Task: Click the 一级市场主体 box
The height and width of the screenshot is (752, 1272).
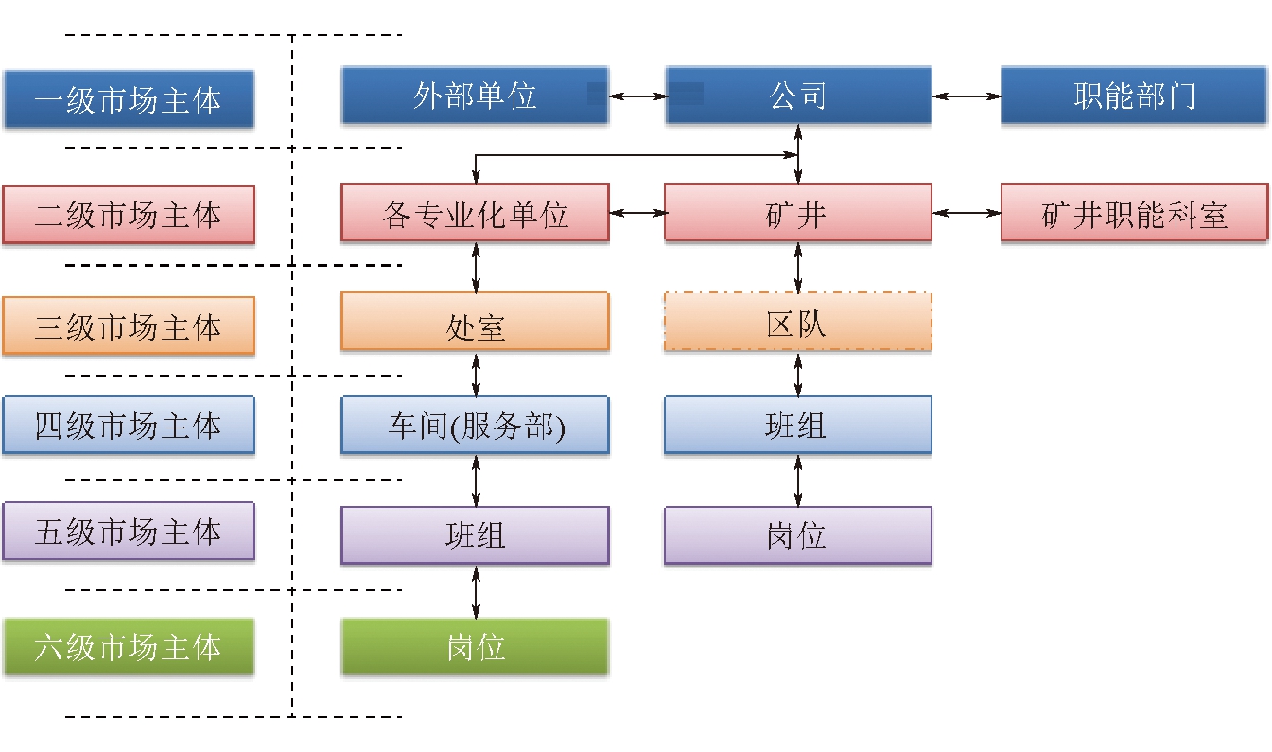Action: (129, 99)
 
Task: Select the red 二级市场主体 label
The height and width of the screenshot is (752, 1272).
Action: (129, 215)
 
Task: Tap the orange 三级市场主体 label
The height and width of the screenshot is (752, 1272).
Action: (129, 326)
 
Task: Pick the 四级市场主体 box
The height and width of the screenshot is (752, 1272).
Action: (129, 425)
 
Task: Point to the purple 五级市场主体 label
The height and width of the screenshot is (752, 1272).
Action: (129, 531)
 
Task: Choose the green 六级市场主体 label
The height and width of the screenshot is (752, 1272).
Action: (129, 647)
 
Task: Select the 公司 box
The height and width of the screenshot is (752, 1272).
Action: (798, 96)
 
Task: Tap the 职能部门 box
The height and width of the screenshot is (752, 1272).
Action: (1134, 96)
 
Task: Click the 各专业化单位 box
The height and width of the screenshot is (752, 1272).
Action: (475, 213)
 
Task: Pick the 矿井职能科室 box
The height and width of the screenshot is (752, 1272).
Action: (1134, 213)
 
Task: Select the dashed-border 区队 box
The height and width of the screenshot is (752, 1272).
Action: (798, 322)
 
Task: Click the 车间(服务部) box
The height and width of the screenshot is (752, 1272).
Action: (475, 426)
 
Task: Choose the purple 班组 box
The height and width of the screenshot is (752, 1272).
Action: (475, 535)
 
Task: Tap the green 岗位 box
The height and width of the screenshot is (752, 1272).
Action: (475, 647)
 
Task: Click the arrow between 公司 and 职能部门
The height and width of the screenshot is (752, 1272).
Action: (967, 96)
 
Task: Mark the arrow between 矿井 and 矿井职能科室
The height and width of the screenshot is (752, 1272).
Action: (967, 213)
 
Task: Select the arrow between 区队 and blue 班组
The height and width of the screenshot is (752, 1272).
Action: (798, 374)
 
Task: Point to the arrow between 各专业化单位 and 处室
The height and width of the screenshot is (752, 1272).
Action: (476, 267)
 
